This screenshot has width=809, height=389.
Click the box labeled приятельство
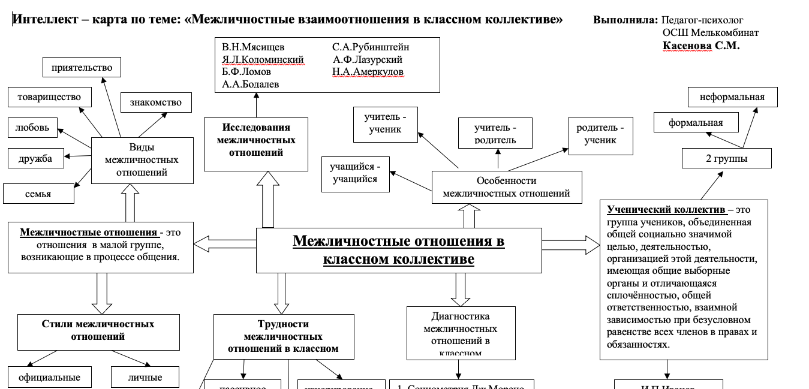click(x=82, y=67)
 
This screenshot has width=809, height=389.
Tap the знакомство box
click(x=155, y=102)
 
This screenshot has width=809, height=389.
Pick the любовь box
click(x=33, y=128)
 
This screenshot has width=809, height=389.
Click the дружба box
click(x=35, y=158)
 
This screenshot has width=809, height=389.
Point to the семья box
click(x=38, y=194)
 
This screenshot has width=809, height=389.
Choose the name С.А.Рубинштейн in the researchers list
click(x=371, y=47)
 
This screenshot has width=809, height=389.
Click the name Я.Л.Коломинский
click(x=263, y=59)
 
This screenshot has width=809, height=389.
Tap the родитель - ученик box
click(x=600, y=134)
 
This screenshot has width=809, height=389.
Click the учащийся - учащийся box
click(x=355, y=173)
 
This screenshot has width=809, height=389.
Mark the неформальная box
click(x=732, y=97)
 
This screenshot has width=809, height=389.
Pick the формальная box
click(x=696, y=123)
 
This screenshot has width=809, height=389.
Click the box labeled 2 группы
click(x=726, y=159)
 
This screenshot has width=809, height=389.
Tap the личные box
click(x=145, y=378)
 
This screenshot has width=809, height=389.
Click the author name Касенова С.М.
click(x=700, y=46)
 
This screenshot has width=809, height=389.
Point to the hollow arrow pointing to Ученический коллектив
click(x=570, y=245)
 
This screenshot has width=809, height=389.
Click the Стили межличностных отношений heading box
click(x=98, y=330)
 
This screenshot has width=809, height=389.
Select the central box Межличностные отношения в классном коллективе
click(x=398, y=250)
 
